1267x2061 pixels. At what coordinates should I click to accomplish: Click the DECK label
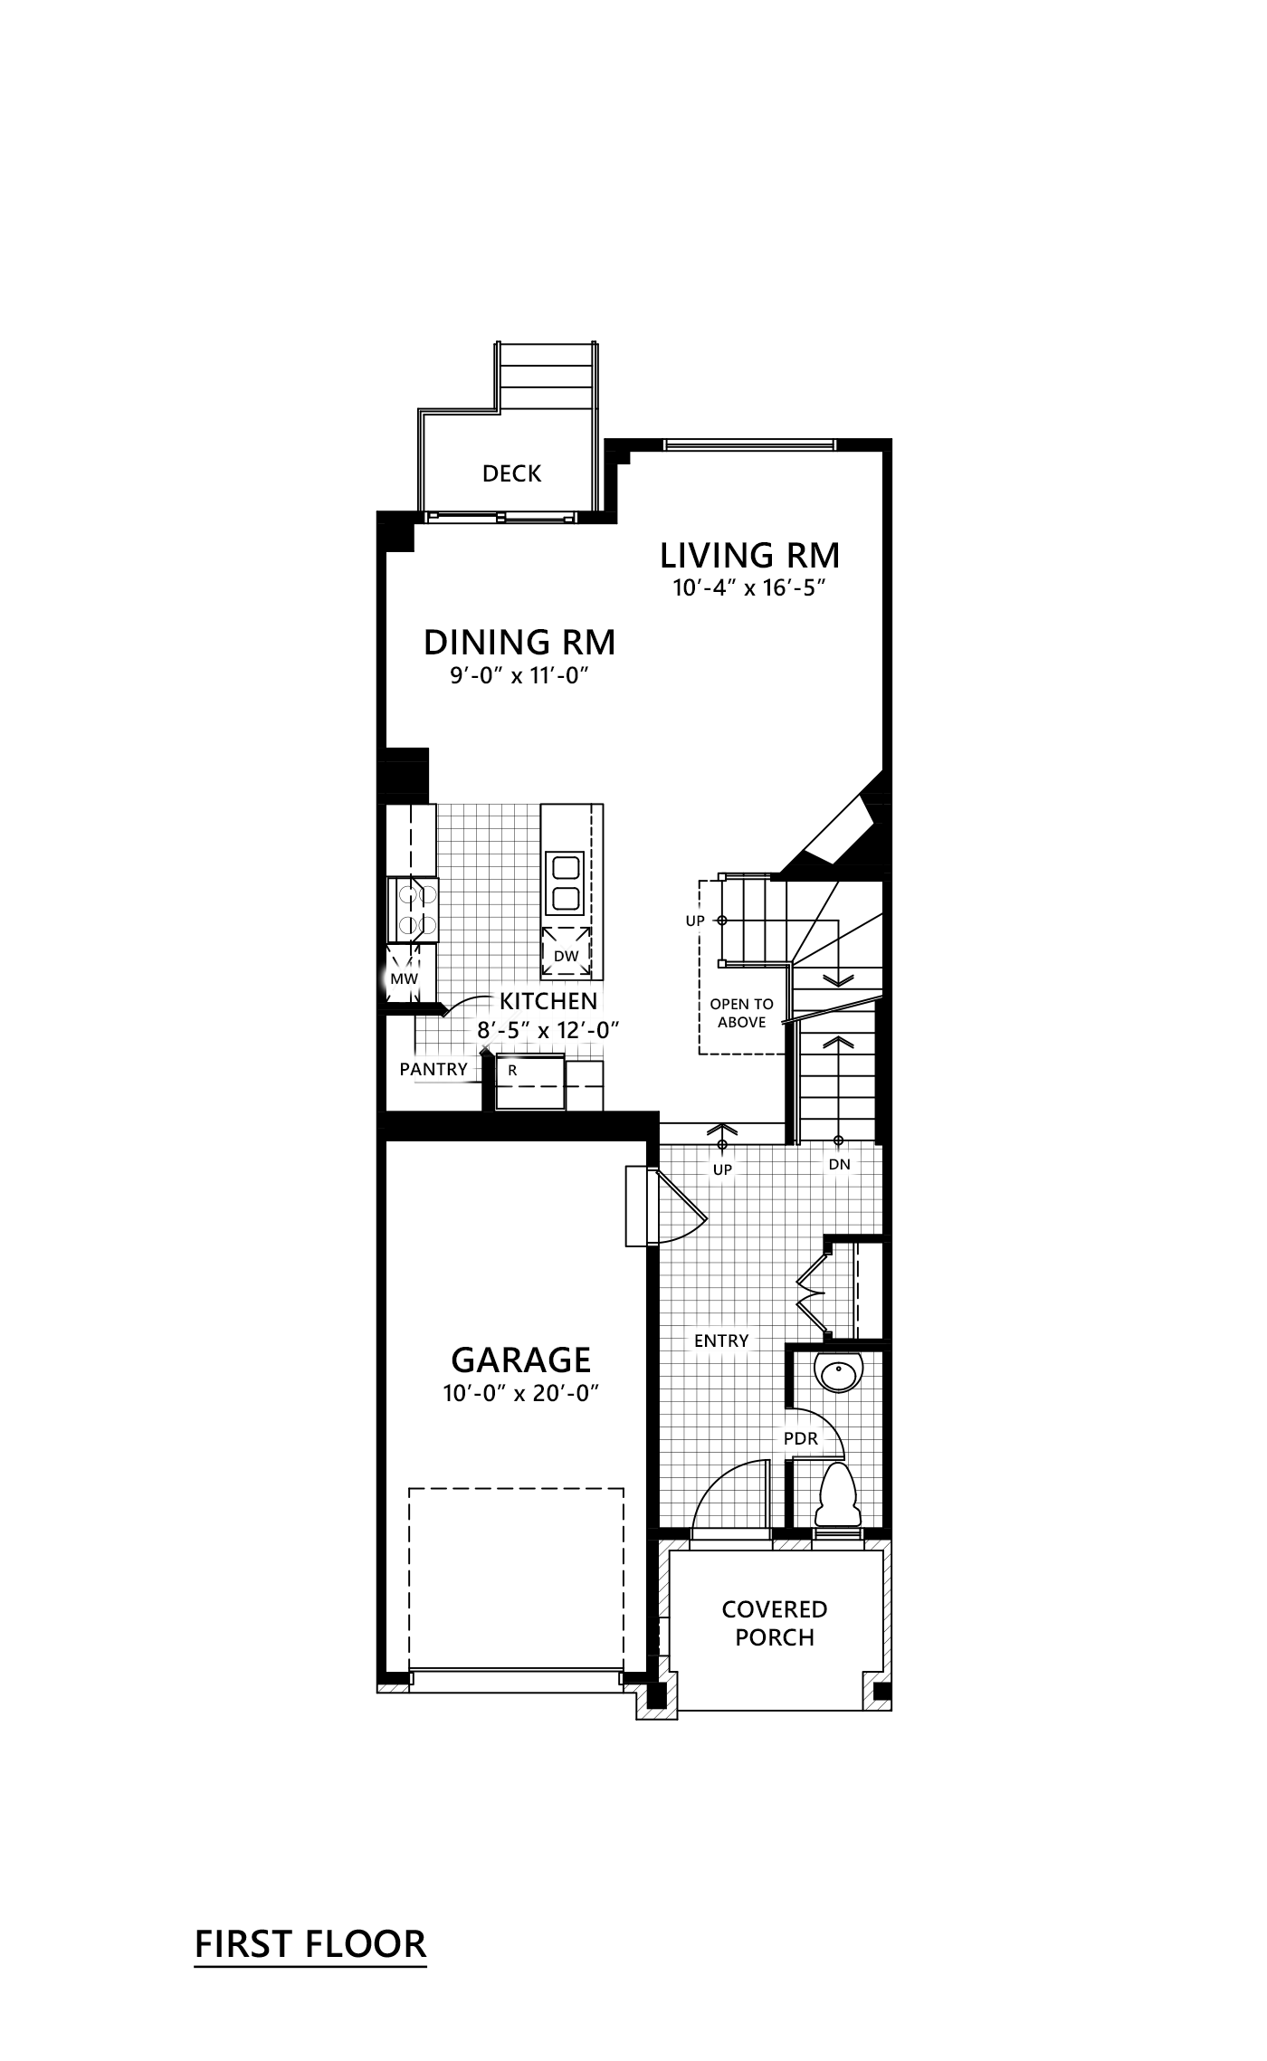511,473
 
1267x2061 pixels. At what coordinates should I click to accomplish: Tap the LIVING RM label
749,555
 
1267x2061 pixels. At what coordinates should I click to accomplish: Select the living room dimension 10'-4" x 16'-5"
750,588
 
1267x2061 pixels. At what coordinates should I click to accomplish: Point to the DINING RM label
519,643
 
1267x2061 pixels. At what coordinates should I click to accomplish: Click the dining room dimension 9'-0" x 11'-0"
520,676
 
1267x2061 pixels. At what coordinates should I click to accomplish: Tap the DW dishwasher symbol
567,954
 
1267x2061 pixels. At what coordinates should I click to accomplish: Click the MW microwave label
404,978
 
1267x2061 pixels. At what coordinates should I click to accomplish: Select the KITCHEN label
548,1001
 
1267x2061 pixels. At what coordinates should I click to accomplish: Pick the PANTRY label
433,1069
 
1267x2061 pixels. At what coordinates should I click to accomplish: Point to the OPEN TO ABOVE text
742,1013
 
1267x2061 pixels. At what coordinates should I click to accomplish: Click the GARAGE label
520,1360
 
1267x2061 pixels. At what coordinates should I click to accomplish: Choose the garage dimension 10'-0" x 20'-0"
521,1394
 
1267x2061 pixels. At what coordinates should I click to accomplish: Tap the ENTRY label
721,1341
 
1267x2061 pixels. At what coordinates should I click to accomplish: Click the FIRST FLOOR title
310,1943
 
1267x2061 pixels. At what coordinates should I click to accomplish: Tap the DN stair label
839,1164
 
